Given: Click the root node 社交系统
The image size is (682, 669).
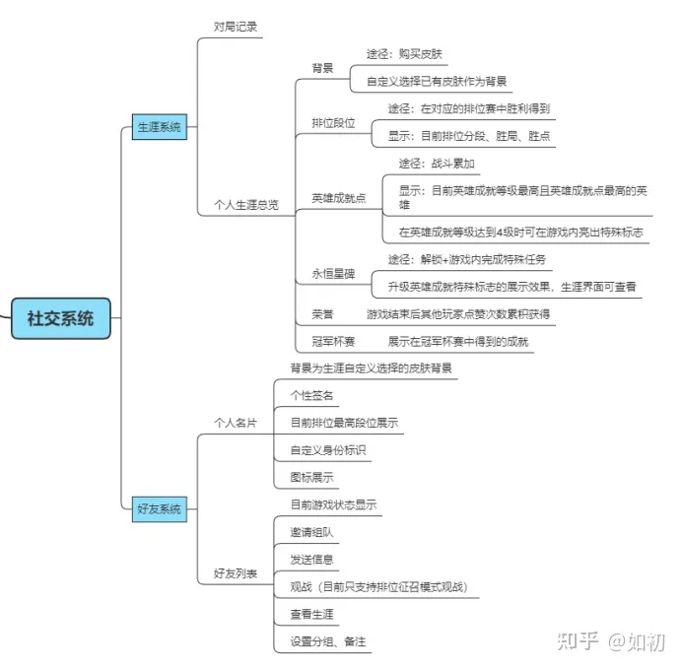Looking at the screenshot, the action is [60, 318].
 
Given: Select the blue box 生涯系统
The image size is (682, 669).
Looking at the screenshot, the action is [160, 127].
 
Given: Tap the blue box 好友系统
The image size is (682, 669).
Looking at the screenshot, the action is [160, 509].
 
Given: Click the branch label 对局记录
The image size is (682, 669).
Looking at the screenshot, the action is [236, 27].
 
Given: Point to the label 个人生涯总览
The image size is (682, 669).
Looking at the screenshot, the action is [246, 205].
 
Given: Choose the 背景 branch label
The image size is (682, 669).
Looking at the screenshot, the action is [322, 68].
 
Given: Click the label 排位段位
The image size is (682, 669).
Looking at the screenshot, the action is [333, 123].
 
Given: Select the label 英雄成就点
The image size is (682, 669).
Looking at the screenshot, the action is [339, 198].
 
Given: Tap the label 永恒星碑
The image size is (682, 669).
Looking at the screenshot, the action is [333, 274].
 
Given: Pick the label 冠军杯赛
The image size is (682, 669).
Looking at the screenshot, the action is [333, 342].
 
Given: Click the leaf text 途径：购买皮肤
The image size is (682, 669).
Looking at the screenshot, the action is [404, 54].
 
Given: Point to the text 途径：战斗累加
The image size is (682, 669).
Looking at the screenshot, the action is [437, 164].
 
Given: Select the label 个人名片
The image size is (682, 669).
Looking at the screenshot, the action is [236, 423].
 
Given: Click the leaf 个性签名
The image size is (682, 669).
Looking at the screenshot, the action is [311, 395].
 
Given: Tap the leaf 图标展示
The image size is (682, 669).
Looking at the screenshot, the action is [311, 477].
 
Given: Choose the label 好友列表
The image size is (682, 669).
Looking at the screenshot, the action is [236, 573].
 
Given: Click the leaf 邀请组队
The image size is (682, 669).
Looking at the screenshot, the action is [311, 532].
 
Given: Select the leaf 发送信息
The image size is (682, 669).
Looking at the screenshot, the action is [311, 560].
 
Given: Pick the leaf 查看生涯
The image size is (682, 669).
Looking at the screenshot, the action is [311, 614].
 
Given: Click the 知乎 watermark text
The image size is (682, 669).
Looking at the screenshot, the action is [579, 641].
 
